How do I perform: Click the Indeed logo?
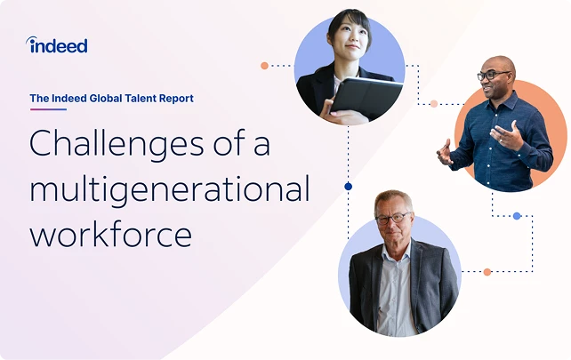click(x=58, y=45)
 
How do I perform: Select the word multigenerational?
click(x=170, y=189)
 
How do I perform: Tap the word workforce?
click(x=110, y=234)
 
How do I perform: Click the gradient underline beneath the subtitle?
click(x=48, y=109)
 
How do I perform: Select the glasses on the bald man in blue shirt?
click(x=494, y=76)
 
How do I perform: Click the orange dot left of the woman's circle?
click(x=264, y=65)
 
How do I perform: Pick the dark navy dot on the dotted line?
click(x=348, y=186)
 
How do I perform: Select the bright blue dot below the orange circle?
click(x=517, y=215)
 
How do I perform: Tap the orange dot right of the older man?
click(x=487, y=271)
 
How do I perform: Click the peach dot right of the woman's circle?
click(x=433, y=103)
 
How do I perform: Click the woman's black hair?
click(x=346, y=20)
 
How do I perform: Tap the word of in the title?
click(x=231, y=144)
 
